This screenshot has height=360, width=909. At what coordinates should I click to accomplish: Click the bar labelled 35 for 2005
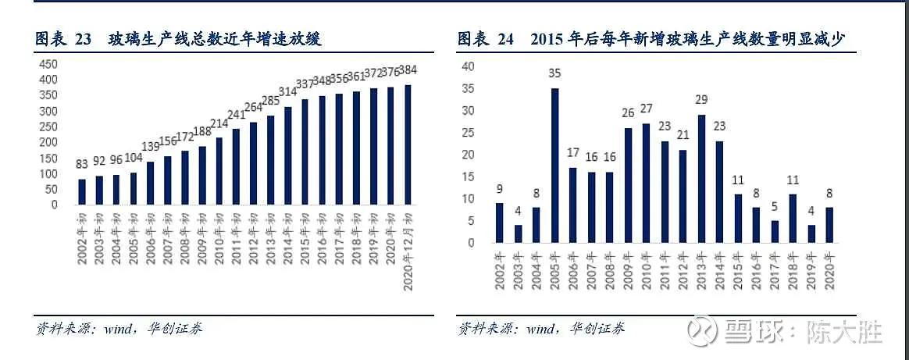(x=555, y=166)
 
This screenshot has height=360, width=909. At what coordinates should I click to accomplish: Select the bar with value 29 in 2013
(x=701, y=179)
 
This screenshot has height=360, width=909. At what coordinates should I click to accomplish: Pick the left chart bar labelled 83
(x=82, y=192)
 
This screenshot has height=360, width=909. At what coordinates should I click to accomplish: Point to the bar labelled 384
(x=407, y=144)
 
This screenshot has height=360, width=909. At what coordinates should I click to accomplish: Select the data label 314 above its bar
(x=287, y=92)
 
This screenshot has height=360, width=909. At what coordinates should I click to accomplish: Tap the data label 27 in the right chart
(x=647, y=108)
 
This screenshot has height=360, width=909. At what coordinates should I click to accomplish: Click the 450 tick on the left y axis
(x=48, y=64)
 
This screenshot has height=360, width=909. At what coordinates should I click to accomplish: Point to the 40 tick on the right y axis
(x=469, y=66)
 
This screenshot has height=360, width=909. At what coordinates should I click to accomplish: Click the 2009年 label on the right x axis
(x=629, y=268)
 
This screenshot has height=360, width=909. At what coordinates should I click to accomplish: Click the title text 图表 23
(x=63, y=39)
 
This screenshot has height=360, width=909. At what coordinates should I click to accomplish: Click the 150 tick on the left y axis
(x=48, y=158)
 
